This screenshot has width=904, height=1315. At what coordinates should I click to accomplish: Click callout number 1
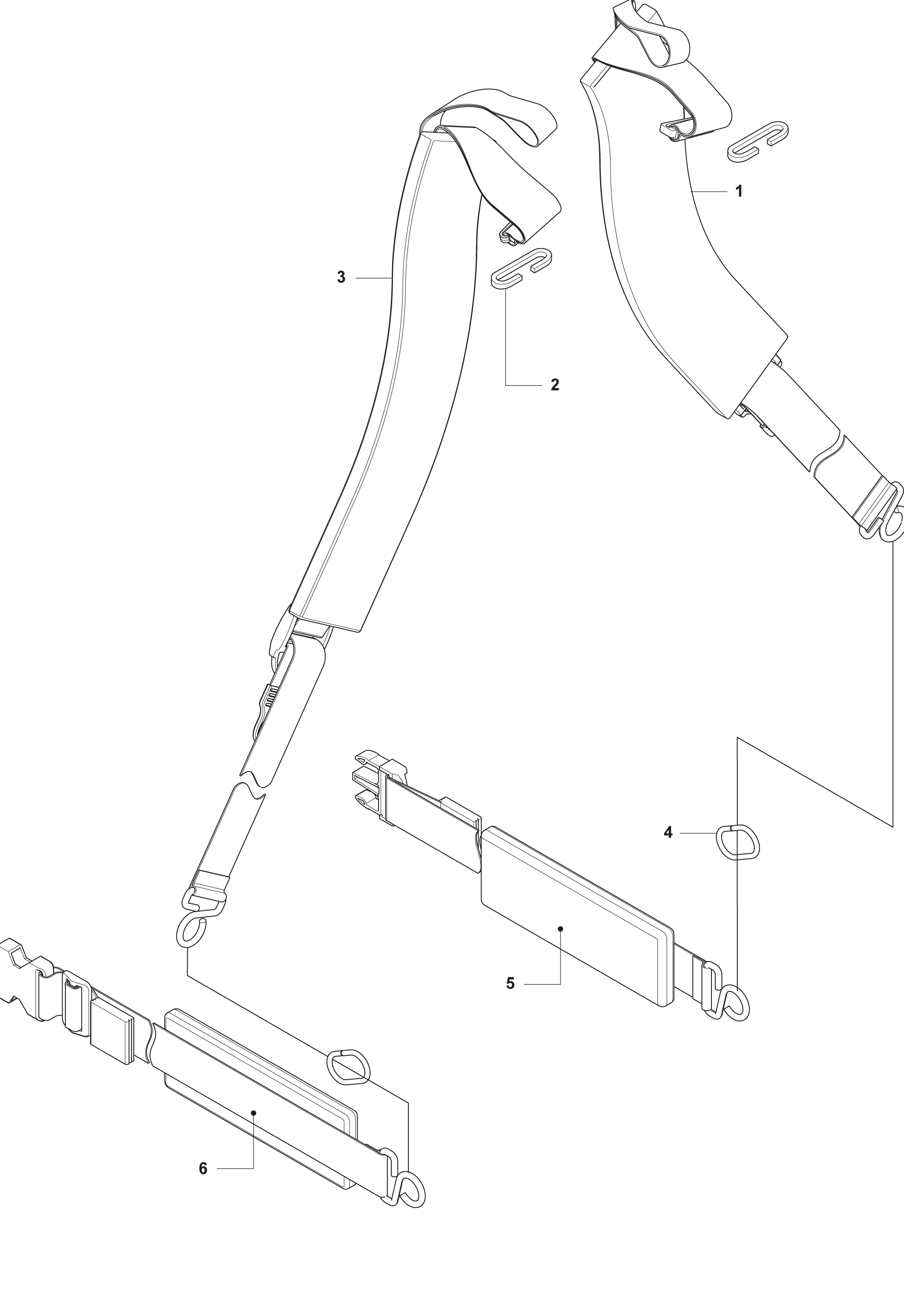pyautogui.click(x=739, y=191)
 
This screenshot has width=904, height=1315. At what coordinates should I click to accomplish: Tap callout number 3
pyautogui.click(x=341, y=278)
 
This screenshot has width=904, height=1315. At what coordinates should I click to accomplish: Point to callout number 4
pyautogui.click(x=668, y=833)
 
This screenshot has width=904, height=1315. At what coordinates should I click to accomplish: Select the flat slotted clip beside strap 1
pyautogui.click(x=758, y=140)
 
